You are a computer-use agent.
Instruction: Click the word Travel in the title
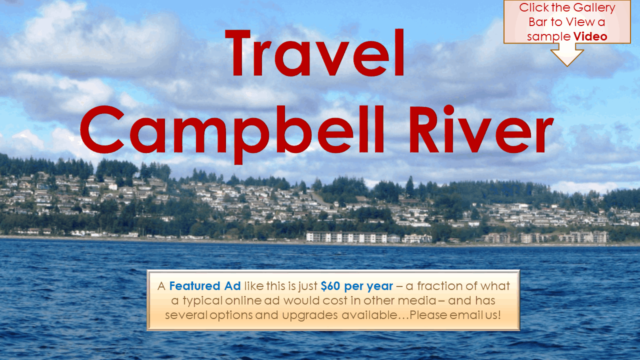click(x=314, y=52)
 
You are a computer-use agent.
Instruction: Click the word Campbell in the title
click(x=231, y=134)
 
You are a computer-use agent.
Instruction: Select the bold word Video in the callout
click(x=590, y=36)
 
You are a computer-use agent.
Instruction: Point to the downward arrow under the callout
click(x=567, y=55)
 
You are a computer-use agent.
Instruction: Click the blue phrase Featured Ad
click(x=205, y=286)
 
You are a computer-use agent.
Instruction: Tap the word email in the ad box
click(x=466, y=315)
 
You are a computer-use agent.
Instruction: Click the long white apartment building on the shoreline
click(x=346, y=237)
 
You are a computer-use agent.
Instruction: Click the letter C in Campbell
click(x=102, y=129)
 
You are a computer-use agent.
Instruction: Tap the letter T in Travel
click(x=237, y=52)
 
